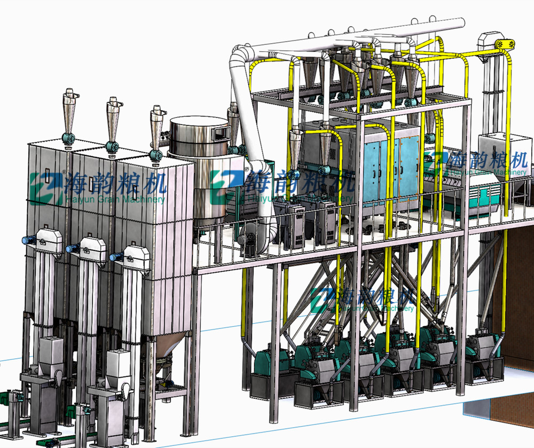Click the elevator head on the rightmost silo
[x=136, y=256]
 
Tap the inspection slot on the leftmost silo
[x=46, y=176]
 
